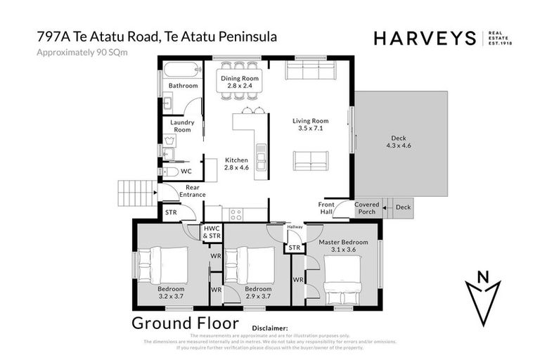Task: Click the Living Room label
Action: coord(310,124)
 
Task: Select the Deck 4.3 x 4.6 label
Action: coord(398,141)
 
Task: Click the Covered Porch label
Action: coord(367,209)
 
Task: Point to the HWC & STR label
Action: coord(212,232)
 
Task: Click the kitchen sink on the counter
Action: coord(260,153)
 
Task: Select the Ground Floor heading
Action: coord(185,323)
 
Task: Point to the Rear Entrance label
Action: coord(192,191)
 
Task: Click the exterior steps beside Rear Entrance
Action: coord(136,191)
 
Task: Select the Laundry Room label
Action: coord(182,126)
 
